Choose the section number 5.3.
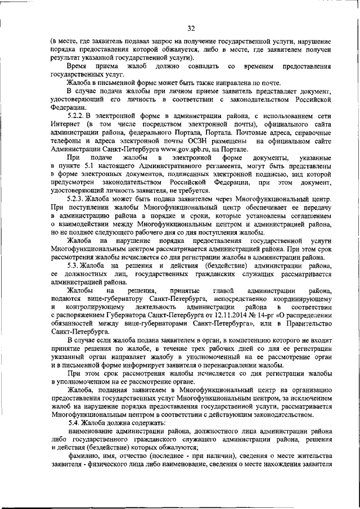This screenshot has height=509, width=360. pyautogui.click(x=73, y=265)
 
